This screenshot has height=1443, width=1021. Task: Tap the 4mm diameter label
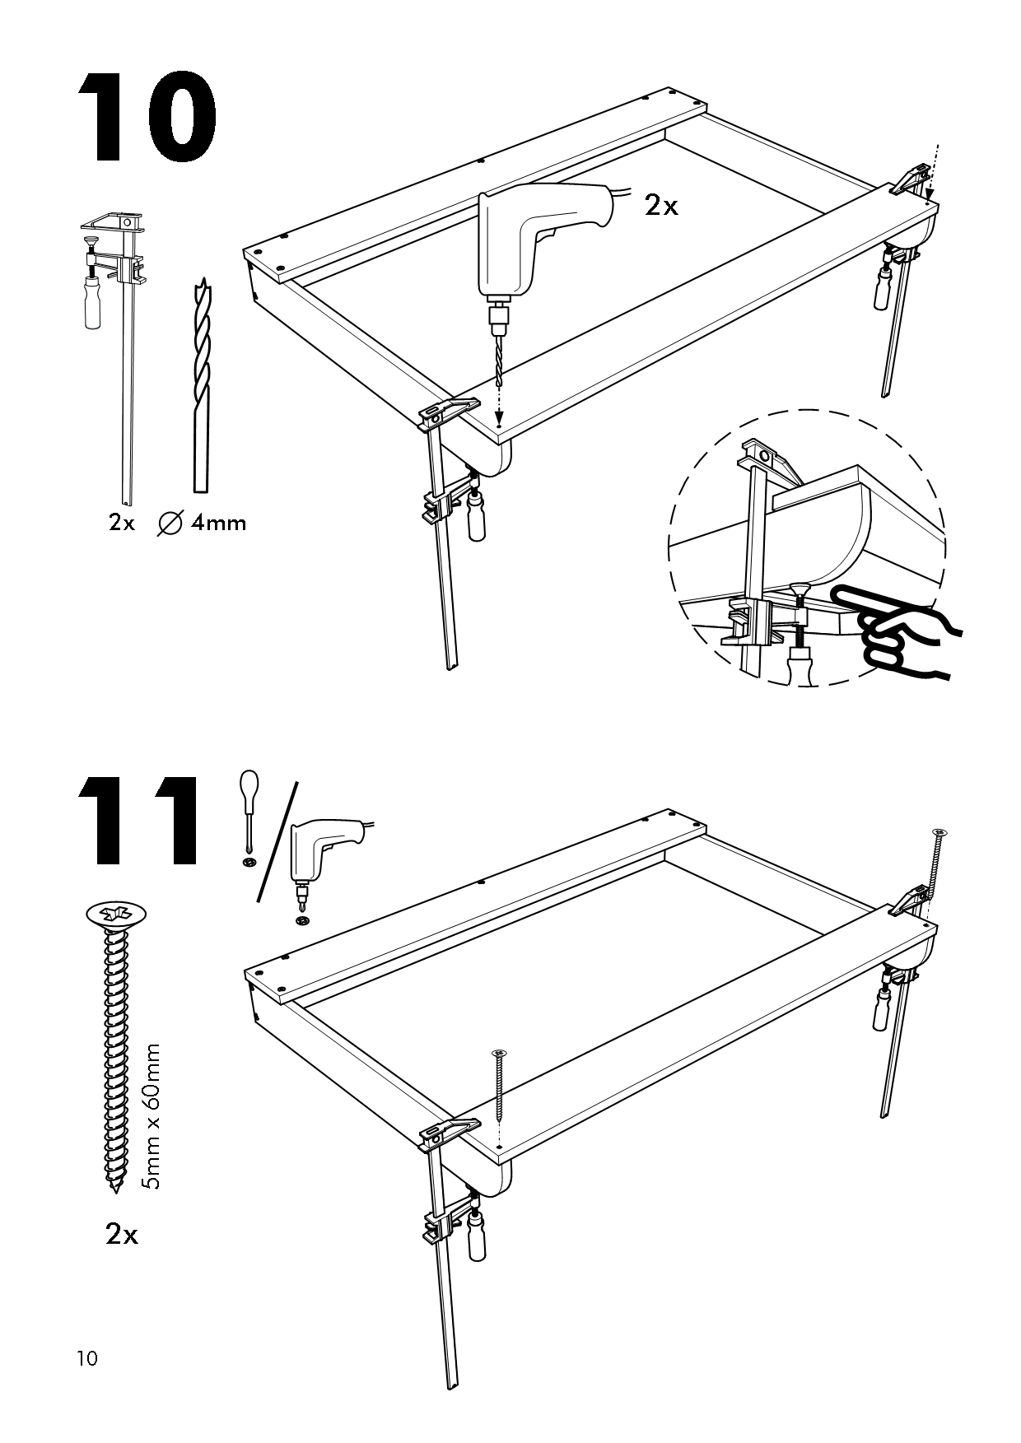click(217, 522)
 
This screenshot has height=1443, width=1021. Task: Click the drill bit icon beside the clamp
click(198, 387)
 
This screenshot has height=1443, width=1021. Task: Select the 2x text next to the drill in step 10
click(661, 206)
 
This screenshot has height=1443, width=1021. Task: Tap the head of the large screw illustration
click(115, 914)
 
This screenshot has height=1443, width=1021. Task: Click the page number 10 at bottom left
click(86, 1358)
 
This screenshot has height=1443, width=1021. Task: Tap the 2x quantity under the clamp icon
click(121, 522)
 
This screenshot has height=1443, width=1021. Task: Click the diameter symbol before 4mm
click(170, 522)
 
